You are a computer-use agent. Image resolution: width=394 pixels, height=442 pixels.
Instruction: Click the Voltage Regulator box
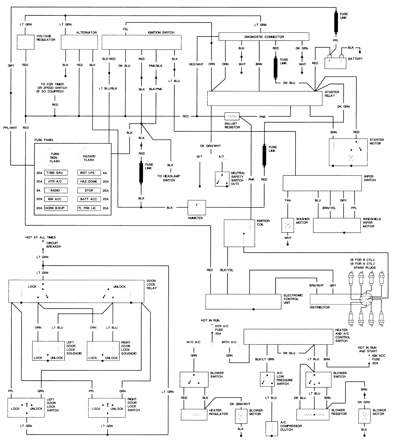click(26, 42)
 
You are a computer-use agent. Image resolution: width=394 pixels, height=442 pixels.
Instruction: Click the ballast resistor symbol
click(232, 116)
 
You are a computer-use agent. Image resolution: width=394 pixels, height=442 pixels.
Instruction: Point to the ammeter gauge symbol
click(196, 207)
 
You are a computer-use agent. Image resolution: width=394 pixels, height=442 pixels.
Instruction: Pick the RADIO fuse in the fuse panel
click(55, 190)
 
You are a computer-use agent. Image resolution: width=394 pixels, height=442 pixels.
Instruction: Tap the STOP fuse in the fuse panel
click(89, 190)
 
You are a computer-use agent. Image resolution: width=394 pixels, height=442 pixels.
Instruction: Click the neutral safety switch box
click(222, 179)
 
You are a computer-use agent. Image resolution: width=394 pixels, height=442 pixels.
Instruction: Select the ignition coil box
click(239, 233)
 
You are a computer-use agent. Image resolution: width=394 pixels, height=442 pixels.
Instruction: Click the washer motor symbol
click(288, 225)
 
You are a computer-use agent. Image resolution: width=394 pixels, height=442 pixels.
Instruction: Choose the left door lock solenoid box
click(48, 351)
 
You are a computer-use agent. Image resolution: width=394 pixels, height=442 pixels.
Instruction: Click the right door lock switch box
click(107, 407)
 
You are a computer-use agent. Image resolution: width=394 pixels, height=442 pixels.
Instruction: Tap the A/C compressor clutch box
click(272, 429)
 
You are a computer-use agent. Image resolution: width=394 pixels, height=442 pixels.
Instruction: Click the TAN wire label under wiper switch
click(288, 200)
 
